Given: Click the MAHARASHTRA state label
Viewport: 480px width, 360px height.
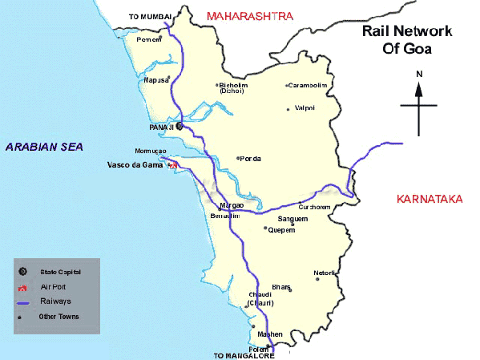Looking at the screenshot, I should pyautogui.click(x=249, y=15).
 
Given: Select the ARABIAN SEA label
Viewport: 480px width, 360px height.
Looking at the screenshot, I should pyautogui.click(x=44, y=146).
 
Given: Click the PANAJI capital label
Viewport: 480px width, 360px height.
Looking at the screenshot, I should pyautogui.click(x=161, y=127).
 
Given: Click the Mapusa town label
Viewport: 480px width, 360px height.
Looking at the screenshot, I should pyautogui.click(x=155, y=80).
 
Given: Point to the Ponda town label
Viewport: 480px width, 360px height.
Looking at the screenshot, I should pyautogui.click(x=250, y=159).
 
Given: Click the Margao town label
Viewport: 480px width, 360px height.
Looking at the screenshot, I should pyautogui.click(x=232, y=205).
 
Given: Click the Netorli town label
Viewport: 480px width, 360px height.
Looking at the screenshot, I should pyautogui.click(x=324, y=273).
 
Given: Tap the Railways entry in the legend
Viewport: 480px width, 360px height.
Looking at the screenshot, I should pyautogui.click(x=55, y=301).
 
